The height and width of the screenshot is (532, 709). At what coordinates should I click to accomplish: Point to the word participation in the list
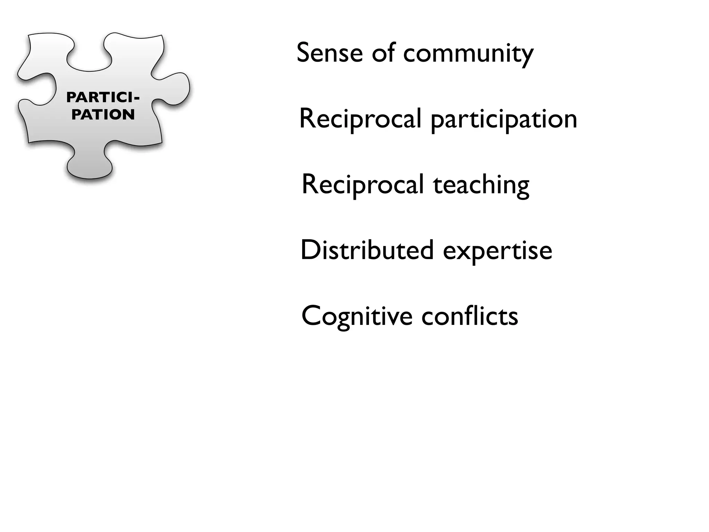click(x=504, y=120)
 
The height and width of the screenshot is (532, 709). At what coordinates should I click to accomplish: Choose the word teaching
click(x=481, y=186)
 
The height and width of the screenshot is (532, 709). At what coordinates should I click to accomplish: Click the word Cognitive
click(x=357, y=317)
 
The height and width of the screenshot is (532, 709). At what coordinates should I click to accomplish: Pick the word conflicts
click(x=469, y=316)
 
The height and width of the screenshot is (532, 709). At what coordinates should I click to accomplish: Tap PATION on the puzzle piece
click(x=103, y=115)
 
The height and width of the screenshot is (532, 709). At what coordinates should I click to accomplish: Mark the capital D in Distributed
click(x=308, y=250)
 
